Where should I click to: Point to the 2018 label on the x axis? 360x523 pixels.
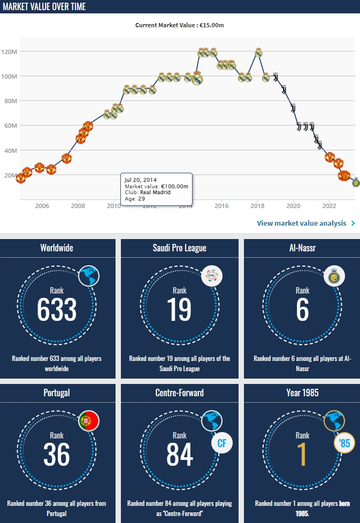(257, 206)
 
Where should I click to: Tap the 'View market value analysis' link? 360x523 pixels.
(302, 223)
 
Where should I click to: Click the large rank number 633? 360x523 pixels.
(57, 310)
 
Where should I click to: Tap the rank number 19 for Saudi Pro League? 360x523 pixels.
(180, 310)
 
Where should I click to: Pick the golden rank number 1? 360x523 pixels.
(303, 454)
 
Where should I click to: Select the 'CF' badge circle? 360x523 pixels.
(221, 443)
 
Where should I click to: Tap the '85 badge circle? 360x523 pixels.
(344, 443)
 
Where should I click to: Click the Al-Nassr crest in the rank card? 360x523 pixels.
(334, 276)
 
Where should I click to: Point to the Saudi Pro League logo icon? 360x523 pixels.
(211, 276)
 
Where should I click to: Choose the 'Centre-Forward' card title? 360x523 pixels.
(180, 393)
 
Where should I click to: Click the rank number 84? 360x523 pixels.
(180, 454)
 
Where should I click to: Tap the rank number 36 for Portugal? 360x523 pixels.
(57, 454)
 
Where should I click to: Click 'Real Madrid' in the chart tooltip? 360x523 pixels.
(155, 192)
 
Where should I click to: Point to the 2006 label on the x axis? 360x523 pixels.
(42, 206)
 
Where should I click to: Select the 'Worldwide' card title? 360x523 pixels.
(57, 248)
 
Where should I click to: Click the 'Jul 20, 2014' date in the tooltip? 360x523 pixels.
(141, 180)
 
